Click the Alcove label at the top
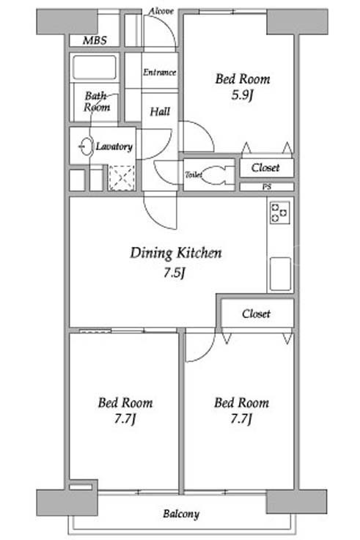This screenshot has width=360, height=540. click(161, 12)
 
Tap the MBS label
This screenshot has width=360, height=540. click(95, 40)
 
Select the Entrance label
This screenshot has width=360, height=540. click(160, 73)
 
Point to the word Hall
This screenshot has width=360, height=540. click(160, 111)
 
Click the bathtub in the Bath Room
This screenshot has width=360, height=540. click(95, 67)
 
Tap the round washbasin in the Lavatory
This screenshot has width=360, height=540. click(87, 147)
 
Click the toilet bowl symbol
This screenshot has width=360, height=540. click(216, 175)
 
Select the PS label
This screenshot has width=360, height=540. click(267, 187)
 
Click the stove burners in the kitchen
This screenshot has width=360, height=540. click(280, 213)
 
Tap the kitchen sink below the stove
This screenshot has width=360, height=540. click(280, 274)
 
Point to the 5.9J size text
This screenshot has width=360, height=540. click(242, 95)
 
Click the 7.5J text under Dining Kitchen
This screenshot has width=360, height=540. click(175, 273)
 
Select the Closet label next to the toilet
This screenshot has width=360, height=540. click(265, 168)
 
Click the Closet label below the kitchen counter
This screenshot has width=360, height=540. click(256, 314)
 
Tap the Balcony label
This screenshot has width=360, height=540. click(181, 514)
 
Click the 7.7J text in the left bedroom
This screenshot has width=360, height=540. click(125, 419)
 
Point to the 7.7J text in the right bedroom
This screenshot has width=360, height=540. click(241, 419)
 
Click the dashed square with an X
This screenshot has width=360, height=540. click(121, 178)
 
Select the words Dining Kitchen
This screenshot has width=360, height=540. click(176, 253)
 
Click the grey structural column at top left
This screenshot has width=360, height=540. click(67, 22)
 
